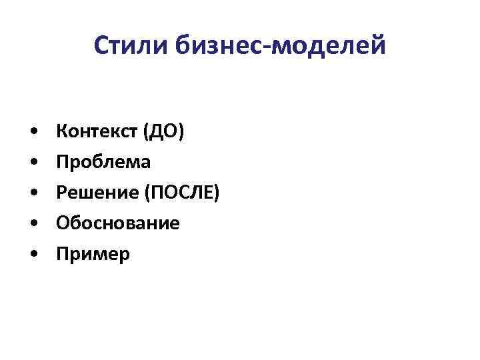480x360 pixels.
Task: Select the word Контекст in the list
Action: click(96, 131)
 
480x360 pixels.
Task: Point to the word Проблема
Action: click(103, 162)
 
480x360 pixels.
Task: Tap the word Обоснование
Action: click(118, 223)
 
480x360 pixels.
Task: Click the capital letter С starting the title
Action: click(101, 45)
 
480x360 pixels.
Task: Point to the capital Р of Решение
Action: click(61, 193)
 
